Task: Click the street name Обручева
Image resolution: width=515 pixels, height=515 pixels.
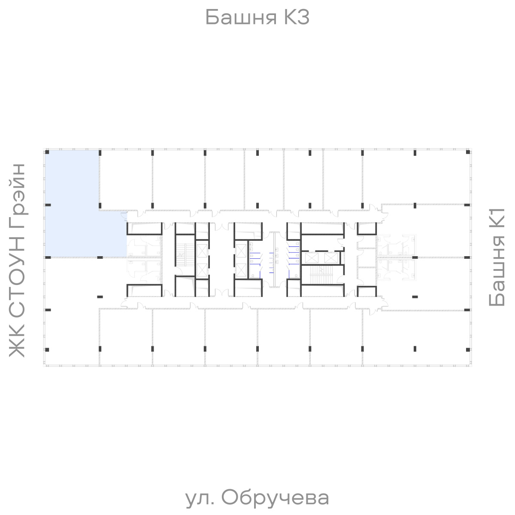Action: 276,498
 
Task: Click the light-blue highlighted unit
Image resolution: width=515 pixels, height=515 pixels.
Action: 73,206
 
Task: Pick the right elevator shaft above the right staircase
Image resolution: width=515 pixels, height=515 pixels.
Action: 331,257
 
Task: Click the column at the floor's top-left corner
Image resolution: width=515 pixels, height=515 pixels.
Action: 48,152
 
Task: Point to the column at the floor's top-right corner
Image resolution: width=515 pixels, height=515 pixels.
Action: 467,152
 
